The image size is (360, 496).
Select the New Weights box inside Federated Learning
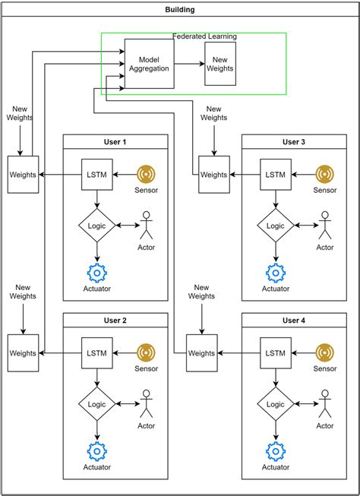220,64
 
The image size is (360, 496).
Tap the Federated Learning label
205,36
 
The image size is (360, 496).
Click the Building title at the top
179,10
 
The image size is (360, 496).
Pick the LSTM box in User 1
97,175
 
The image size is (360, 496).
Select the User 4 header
293,321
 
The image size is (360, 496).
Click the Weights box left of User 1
23,175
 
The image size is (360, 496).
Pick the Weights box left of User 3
213,175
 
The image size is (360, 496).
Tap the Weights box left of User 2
23,353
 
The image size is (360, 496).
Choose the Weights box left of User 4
201,353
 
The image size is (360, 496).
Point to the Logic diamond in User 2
97,404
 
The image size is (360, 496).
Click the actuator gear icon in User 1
97,273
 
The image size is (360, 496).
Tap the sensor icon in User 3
325,175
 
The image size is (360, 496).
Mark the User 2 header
115,321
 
